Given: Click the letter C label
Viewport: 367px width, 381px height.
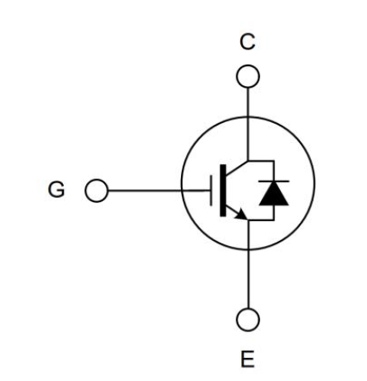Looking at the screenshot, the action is point(247,42).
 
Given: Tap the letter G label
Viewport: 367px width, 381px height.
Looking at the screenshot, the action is point(57,189).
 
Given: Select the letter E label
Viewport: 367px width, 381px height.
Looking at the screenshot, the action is point(247,359).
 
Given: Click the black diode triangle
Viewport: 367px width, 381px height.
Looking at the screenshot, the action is point(274,194).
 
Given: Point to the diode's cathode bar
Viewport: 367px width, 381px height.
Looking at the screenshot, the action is point(274,181).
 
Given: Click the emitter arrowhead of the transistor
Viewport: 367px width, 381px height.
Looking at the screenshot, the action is point(241,214).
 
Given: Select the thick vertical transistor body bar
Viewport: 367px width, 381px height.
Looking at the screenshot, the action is point(223,191).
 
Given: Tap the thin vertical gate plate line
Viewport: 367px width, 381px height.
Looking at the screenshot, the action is point(211,191).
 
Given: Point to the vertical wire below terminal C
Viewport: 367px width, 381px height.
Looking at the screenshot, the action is point(248,124).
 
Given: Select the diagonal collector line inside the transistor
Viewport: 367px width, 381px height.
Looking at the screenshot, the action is point(237,168).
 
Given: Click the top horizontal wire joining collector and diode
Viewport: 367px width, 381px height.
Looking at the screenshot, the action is point(261,161).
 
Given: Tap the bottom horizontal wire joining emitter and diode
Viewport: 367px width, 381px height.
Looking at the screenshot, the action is point(261,220).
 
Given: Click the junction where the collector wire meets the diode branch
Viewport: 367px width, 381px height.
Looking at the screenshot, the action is point(248,161).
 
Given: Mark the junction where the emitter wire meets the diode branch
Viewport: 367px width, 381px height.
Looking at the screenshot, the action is point(248,220).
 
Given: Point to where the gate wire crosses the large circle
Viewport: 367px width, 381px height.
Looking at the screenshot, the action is point(182,190).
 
